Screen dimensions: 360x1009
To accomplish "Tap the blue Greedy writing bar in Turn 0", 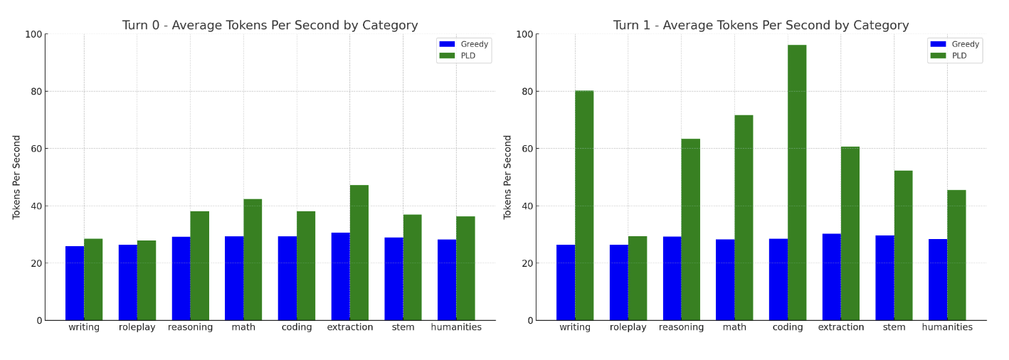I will pyautogui.click(x=75, y=283).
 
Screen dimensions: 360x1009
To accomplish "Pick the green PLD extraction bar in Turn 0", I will pyautogui.click(x=359, y=253).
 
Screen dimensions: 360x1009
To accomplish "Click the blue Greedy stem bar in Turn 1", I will pyautogui.click(x=884, y=277).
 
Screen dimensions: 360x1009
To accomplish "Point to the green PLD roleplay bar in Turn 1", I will pyautogui.click(x=638, y=278).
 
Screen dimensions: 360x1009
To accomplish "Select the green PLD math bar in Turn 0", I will pyautogui.click(x=253, y=260).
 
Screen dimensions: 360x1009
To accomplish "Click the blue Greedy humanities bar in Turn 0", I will pyautogui.click(x=447, y=280).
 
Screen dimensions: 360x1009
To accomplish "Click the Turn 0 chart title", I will pyautogui.click(x=270, y=26).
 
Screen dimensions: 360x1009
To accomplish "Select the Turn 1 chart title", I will pyautogui.click(x=761, y=26).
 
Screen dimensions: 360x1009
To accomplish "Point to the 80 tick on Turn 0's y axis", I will pyautogui.click(x=34, y=92).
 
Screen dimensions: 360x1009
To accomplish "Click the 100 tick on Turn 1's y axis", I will pyautogui.click(x=523, y=34).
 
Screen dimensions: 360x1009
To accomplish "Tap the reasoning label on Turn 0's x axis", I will pyautogui.click(x=190, y=327).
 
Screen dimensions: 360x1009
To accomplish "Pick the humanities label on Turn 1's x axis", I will pyautogui.click(x=947, y=327).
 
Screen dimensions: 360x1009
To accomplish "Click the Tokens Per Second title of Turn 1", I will pyautogui.click(x=508, y=176).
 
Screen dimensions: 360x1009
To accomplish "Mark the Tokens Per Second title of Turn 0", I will pyautogui.click(x=17, y=176).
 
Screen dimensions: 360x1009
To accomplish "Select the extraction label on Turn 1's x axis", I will pyautogui.click(x=841, y=327).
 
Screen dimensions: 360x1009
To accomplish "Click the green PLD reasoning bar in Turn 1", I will pyautogui.click(x=690, y=229).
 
